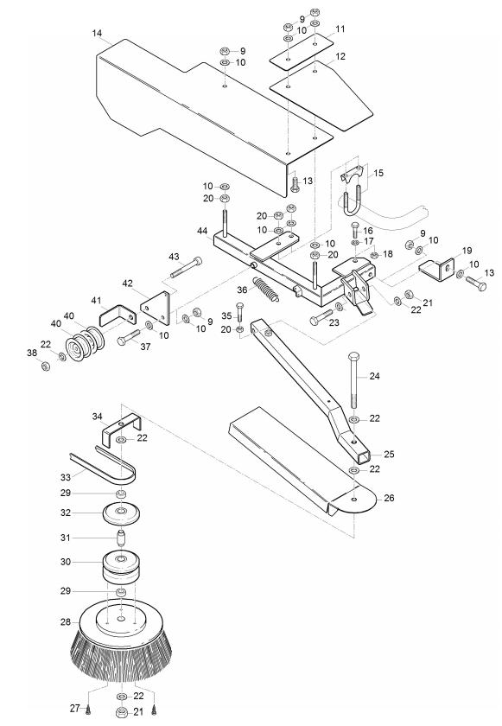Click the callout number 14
tap(97, 34)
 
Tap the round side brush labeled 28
tap(122, 641)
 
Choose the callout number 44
tap(202, 231)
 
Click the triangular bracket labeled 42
tap(155, 309)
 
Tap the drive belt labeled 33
tap(103, 463)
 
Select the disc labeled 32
tap(122, 513)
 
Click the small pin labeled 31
tap(121, 538)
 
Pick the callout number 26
tap(389, 498)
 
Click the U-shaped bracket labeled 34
tap(120, 430)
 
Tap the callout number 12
tap(340, 56)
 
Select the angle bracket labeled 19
tap(437, 271)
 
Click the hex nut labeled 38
tap(46, 366)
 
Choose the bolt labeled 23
tap(323, 316)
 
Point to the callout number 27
tap(75, 708)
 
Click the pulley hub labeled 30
tap(121, 569)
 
